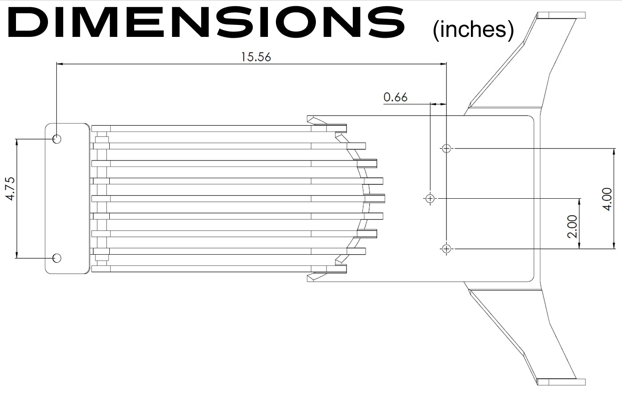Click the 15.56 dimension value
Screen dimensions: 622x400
point(256,57)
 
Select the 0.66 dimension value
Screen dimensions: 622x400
point(395,97)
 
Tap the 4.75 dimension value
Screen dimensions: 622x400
point(10,188)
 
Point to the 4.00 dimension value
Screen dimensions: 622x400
point(608,199)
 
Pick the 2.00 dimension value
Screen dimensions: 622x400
point(573,226)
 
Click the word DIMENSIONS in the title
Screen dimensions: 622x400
point(206,22)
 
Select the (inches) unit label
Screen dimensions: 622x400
point(473,30)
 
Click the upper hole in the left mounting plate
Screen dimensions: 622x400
point(57,139)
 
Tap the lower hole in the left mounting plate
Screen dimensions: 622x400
point(57,258)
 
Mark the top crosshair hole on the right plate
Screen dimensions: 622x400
point(446,148)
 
